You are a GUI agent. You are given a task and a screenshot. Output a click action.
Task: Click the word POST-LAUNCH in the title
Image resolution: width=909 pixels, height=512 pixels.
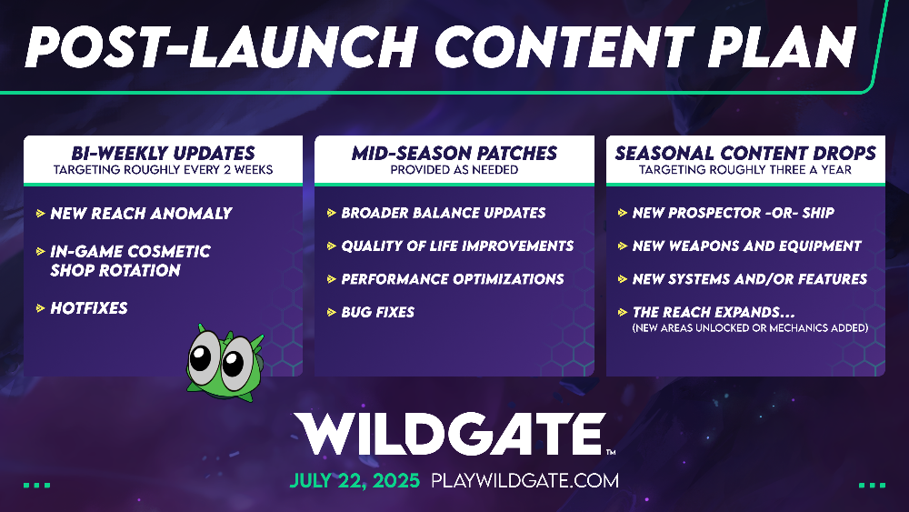click(221, 47)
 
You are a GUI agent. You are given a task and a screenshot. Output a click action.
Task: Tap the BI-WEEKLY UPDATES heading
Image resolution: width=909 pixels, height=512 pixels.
click(163, 153)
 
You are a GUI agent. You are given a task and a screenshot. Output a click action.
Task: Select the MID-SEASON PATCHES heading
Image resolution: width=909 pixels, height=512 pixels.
click(454, 153)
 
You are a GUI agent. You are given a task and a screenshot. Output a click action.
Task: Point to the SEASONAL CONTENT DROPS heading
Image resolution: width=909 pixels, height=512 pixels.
click(745, 153)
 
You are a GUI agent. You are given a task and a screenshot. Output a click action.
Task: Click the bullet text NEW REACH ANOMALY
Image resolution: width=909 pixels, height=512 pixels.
click(141, 214)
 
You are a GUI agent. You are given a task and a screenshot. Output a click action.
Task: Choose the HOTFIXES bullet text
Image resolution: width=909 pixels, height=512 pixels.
click(89, 308)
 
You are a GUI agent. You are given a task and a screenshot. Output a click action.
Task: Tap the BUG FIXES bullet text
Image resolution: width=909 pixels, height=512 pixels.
click(377, 312)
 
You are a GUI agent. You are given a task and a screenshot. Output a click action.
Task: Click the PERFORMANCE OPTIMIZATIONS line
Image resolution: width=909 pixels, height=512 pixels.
click(452, 279)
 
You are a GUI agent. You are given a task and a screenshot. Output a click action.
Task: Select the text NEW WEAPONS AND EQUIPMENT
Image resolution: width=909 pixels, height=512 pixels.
click(746, 246)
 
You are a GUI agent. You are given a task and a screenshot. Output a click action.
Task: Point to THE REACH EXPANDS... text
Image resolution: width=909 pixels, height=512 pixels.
click(713, 312)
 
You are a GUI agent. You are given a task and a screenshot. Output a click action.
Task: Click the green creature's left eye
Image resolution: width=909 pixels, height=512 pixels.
click(202, 358)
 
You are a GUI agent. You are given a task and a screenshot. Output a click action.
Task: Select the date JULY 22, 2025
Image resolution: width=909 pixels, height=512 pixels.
click(355, 481)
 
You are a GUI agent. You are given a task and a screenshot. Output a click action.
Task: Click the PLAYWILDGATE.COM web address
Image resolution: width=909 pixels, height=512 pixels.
click(524, 481)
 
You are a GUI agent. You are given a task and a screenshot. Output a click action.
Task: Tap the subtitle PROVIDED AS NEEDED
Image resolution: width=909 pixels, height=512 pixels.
click(454, 170)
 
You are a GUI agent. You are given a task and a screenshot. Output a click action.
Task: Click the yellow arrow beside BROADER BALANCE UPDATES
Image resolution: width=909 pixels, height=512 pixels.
click(332, 213)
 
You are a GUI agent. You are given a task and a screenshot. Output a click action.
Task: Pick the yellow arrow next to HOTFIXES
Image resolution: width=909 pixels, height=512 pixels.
click(41, 308)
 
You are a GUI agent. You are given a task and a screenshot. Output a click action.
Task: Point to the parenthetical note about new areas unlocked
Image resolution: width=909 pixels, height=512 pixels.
click(750, 328)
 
